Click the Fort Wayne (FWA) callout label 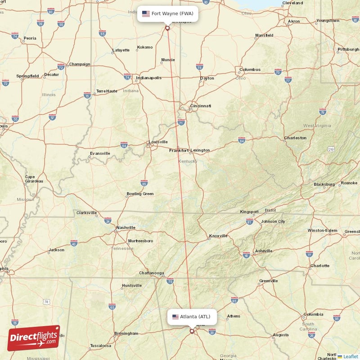(168, 13)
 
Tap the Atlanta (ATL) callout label (191, 316)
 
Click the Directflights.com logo (33, 338)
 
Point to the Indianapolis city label (148, 78)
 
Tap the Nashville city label (126, 228)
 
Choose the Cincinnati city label (200, 106)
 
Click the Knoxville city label (218, 236)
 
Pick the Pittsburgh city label (348, 49)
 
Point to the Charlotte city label (319, 265)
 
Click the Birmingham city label (126, 333)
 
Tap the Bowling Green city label (140, 194)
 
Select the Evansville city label (99, 153)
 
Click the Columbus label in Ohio (250, 69)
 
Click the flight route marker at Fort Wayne (167, 28)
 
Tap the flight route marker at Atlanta (192, 332)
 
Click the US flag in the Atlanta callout (175, 316)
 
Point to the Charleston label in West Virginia (295, 138)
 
